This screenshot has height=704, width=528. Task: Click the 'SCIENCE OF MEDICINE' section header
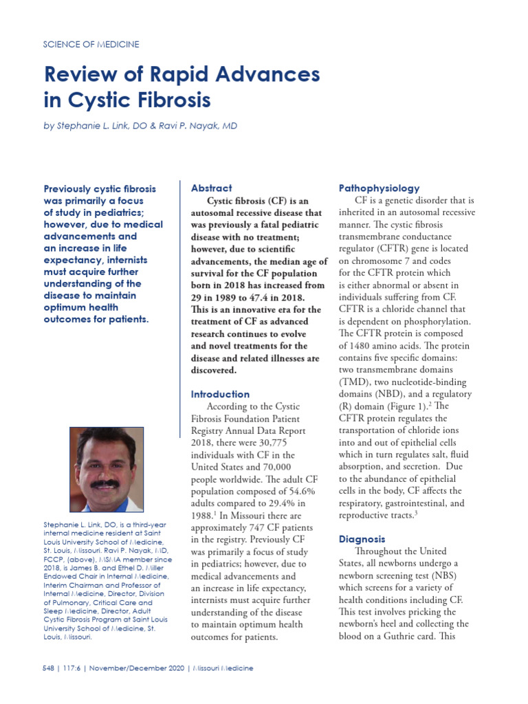(91, 44)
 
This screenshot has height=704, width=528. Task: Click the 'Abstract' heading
(211, 188)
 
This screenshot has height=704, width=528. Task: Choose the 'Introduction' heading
(220, 394)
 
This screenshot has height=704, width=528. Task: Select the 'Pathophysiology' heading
(379, 188)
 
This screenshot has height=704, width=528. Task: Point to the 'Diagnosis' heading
(363, 539)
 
